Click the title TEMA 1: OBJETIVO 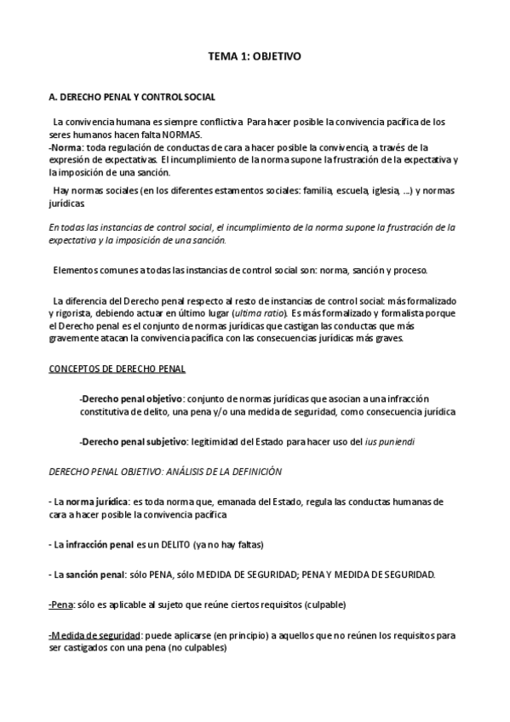point(255,56)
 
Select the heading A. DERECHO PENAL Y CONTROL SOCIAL point(132,98)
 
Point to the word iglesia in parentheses point(387,191)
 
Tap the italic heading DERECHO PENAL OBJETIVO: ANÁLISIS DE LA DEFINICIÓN point(165,471)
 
